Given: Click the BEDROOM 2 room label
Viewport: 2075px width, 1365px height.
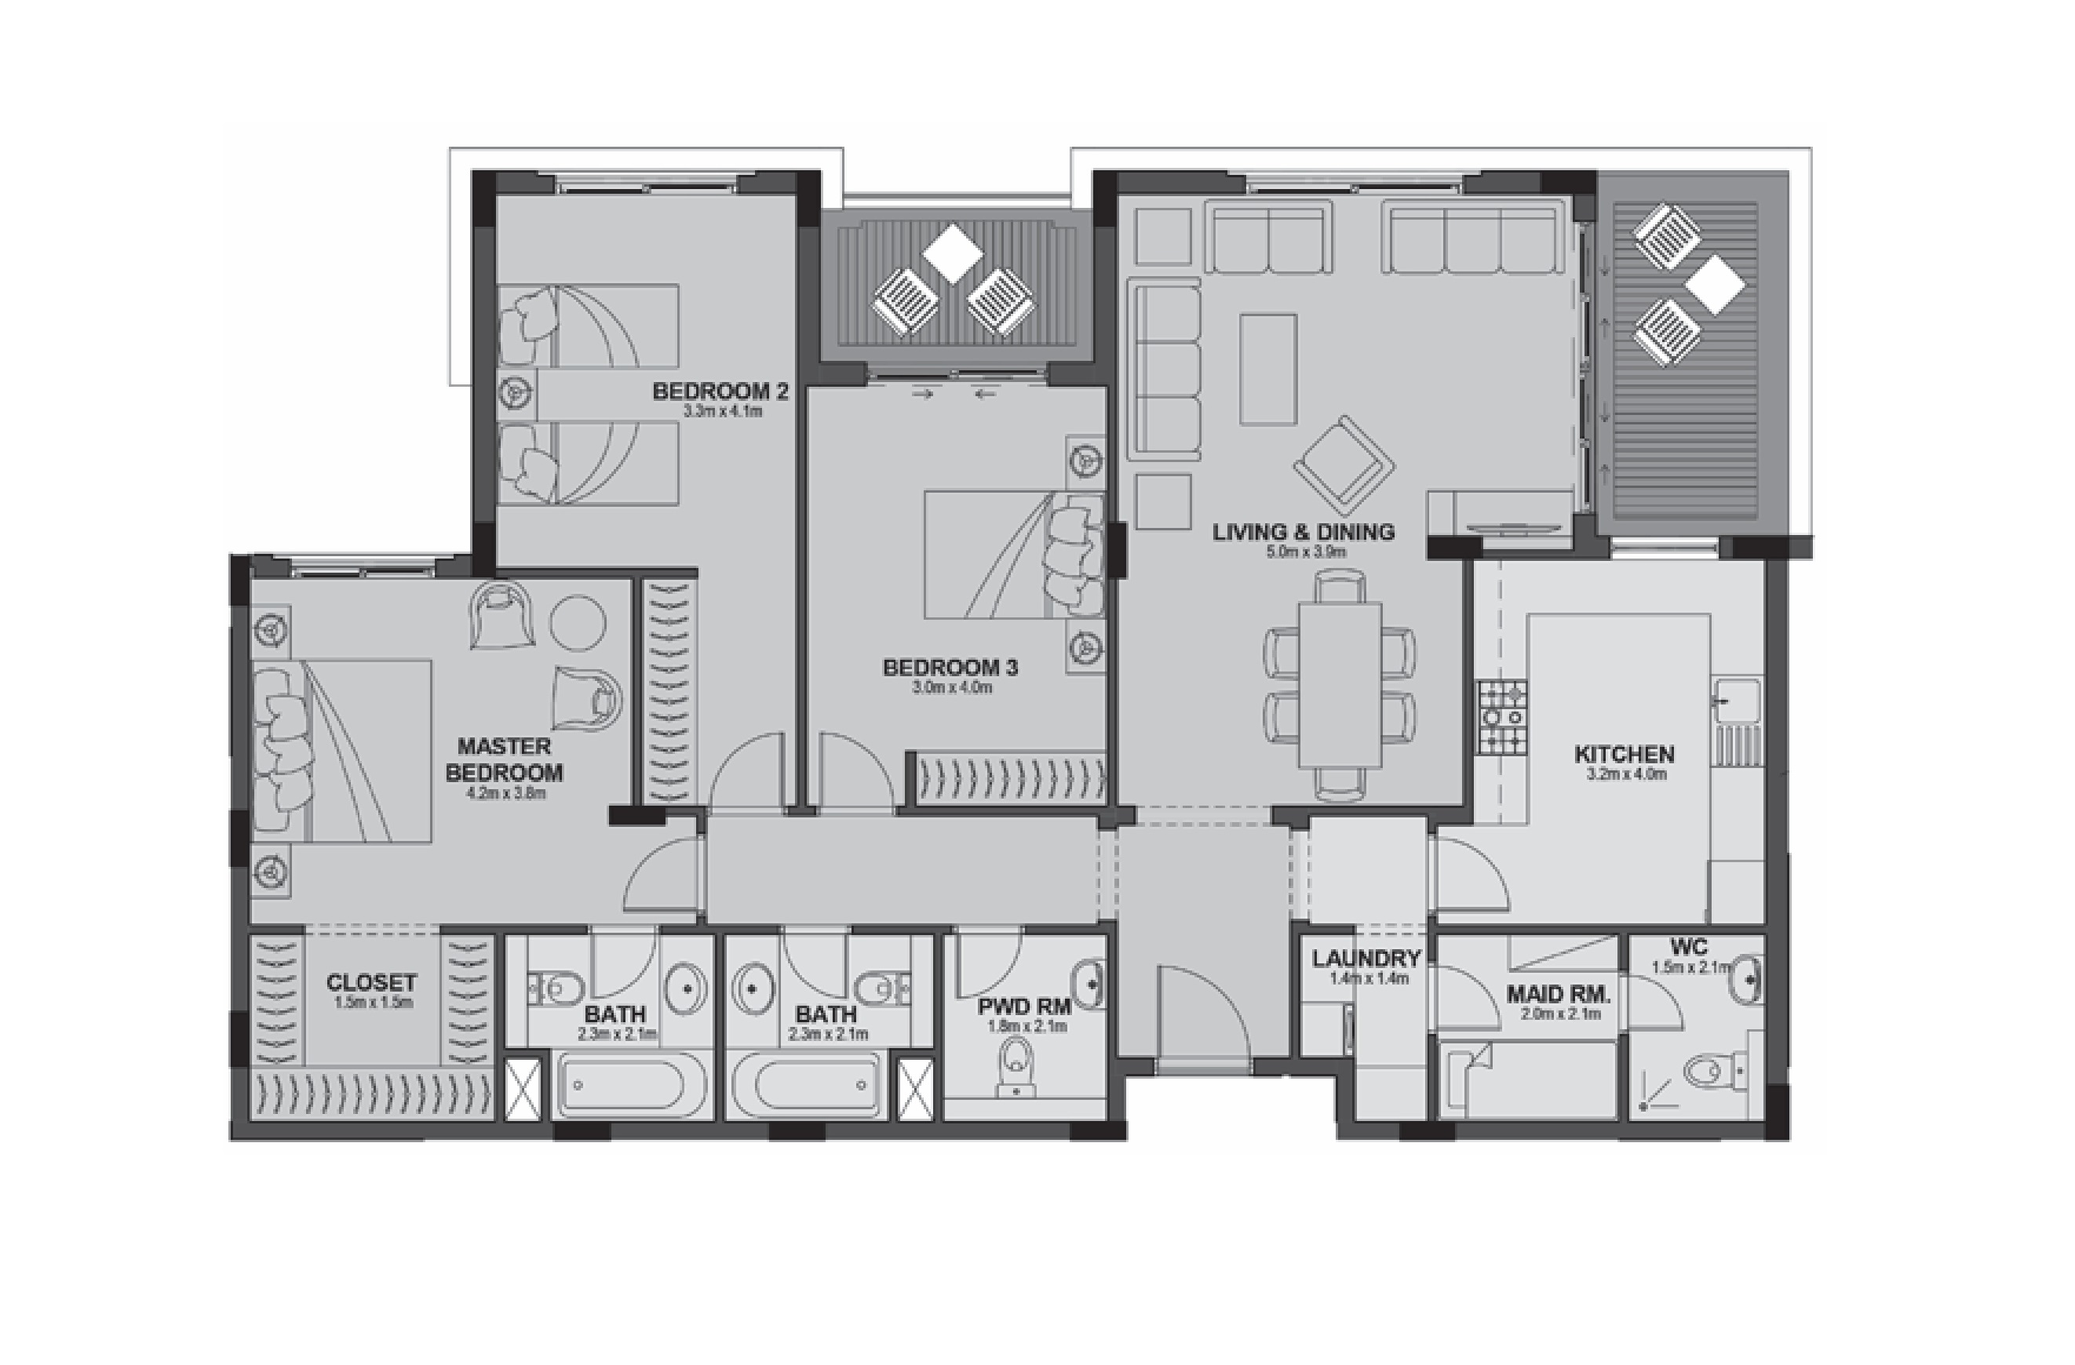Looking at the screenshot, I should [720, 391].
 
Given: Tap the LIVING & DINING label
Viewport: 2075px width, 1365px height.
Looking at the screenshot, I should [1304, 532].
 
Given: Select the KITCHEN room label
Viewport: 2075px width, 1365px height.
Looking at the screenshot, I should [1624, 754].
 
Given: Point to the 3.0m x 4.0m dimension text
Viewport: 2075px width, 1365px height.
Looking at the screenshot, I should [951, 688].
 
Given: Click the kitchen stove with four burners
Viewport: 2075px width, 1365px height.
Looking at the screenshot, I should [1502, 717].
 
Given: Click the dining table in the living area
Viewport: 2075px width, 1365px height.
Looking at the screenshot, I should [1339, 685].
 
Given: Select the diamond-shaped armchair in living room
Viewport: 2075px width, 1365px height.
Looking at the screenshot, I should [1344, 466].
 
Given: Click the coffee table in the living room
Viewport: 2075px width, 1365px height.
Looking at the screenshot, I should [1267, 369].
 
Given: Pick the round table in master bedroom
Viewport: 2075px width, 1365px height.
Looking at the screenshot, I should [577, 622].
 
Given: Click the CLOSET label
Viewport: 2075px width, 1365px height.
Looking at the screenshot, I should [371, 982].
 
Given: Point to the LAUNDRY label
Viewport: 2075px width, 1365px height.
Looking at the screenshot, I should [1366, 959].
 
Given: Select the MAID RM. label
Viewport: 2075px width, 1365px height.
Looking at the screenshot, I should [1559, 995].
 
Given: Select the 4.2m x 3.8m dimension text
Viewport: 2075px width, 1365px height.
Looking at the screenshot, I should [505, 793].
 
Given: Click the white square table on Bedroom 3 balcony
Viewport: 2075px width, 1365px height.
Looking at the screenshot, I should [952, 253].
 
